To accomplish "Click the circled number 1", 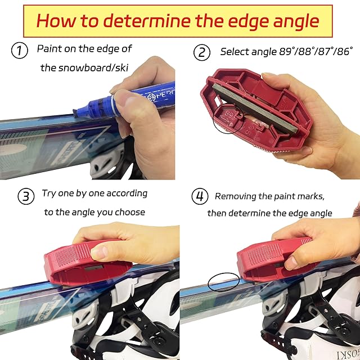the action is [x=20, y=50].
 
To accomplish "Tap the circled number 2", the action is [x=201, y=52].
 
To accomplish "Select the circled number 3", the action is [x=26, y=196].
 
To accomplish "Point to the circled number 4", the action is [x=200, y=196].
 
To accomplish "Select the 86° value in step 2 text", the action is [x=345, y=51].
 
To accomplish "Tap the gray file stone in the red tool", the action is [x=255, y=108].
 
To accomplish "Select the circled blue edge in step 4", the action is [x=224, y=282].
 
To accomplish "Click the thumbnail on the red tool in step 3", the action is [x=100, y=252].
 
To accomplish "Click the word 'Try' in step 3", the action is [x=49, y=193].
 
